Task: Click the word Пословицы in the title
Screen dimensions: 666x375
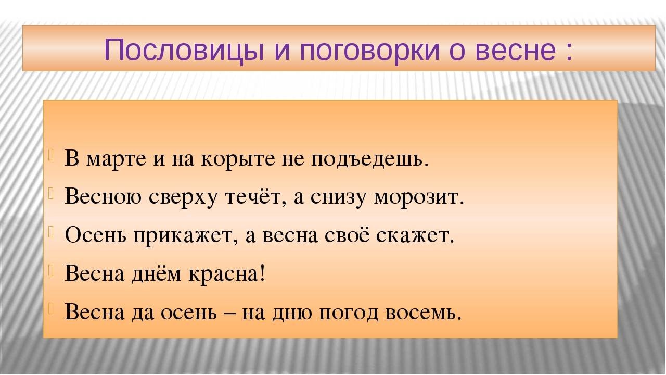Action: (x=184, y=50)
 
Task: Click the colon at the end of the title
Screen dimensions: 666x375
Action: (x=569, y=51)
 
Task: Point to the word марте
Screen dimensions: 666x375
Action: (x=116, y=159)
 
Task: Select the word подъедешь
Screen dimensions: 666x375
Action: (x=370, y=160)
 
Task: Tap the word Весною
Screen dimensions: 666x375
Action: (x=103, y=197)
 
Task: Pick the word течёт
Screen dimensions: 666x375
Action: (x=253, y=196)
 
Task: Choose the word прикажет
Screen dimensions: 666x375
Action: (x=186, y=236)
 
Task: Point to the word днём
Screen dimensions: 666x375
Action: (x=157, y=274)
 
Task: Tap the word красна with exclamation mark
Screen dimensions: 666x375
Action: (x=226, y=273)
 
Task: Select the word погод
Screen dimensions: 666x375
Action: (x=349, y=313)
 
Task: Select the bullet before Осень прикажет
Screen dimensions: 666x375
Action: (x=50, y=232)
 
